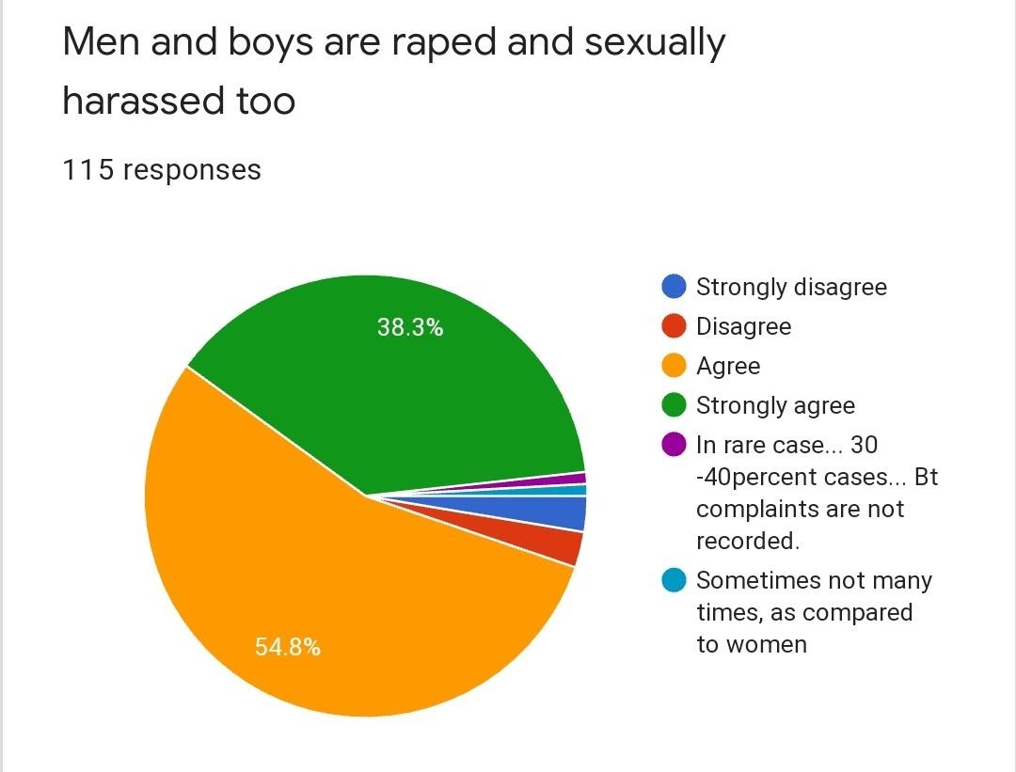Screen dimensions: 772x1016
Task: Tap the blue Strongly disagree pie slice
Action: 564,513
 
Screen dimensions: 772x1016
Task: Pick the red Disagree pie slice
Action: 559,544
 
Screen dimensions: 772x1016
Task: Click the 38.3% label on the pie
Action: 410,328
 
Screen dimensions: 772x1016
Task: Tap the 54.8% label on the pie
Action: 287,647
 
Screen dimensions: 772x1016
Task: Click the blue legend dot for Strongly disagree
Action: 675,286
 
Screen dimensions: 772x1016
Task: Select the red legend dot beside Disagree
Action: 675,326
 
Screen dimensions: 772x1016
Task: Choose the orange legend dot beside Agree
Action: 675,366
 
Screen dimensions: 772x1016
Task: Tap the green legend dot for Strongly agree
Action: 675,405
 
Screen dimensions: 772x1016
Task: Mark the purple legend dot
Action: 675,444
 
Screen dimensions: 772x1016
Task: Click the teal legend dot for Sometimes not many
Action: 675,580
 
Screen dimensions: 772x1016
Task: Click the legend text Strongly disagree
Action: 791,287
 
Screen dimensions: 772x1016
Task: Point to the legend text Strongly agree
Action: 775,405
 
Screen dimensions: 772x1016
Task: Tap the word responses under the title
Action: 192,170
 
